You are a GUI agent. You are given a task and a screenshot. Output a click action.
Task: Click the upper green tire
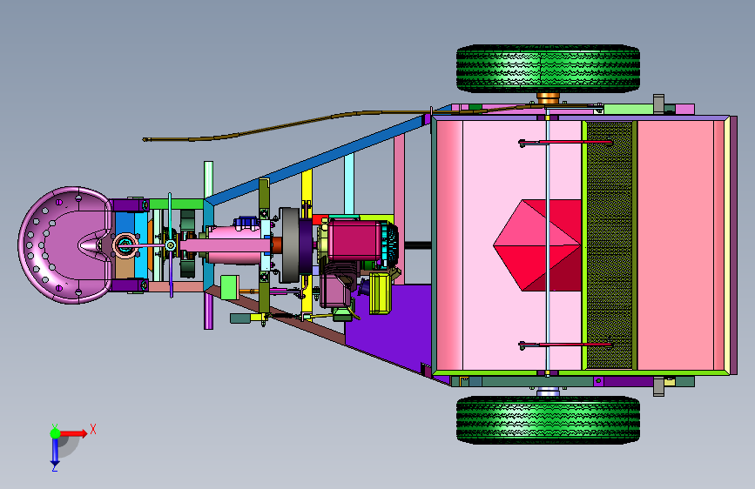pos(548,69)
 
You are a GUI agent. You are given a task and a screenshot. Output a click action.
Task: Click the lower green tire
pos(548,419)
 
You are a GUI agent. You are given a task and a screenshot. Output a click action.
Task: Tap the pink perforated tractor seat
pos(65,245)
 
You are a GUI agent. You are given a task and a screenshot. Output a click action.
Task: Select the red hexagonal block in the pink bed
pos(537,245)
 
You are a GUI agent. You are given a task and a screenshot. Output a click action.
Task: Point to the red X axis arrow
pos(73,433)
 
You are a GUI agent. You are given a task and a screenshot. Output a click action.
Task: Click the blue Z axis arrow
pos(55,452)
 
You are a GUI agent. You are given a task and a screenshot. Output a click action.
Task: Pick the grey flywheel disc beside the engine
pos(289,245)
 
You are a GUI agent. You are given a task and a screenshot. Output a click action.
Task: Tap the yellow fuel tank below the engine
pos(381,293)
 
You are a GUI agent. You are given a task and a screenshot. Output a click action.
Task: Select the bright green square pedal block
pos(230,287)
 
